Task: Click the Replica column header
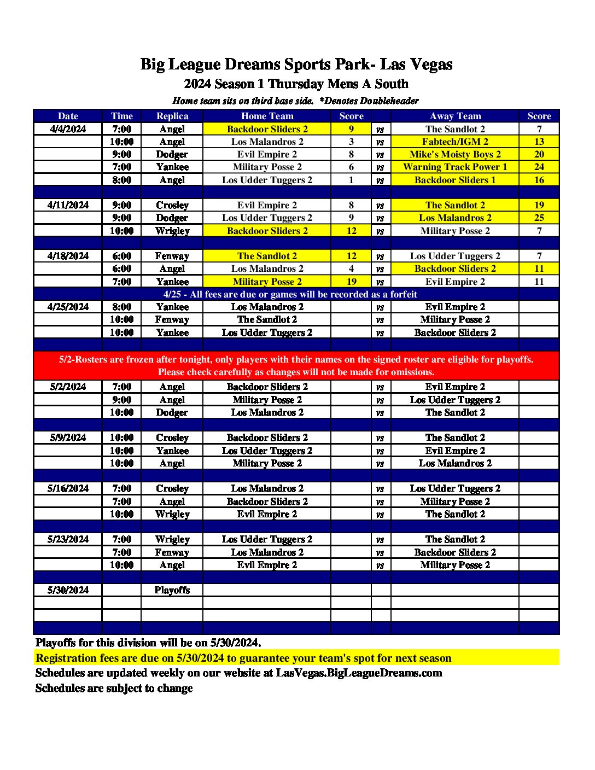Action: click(x=172, y=116)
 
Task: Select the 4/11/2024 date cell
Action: click(x=68, y=205)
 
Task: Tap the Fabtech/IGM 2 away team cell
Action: click(x=455, y=142)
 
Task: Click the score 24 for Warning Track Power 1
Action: click(x=539, y=167)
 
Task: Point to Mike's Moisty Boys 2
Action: click(x=455, y=154)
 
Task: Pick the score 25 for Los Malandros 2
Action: click(x=539, y=218)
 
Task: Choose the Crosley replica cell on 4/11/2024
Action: click(x=172, y=205)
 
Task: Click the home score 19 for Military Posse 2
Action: click(x=351, y=282)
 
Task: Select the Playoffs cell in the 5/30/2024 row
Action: click(x=172, y=590)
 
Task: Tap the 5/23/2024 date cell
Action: click(x=68, y=539)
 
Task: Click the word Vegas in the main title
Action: click(x=431, y=65)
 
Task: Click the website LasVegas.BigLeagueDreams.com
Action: click(x=359, y=673)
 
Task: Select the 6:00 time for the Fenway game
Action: click(x=121, y=256)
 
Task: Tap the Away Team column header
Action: click(x=455, y=116)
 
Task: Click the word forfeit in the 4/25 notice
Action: click(x=403, y=294)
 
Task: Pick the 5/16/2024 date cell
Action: click(x=68, y=488)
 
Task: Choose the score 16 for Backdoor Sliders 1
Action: click(x=539, y=180)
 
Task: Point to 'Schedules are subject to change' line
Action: click(x=114, y=689)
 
